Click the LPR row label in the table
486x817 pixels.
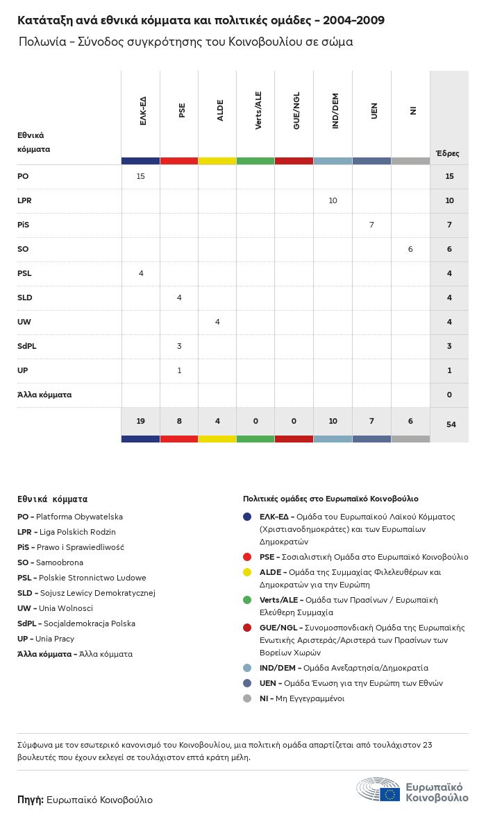coord(24,200)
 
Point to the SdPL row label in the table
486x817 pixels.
coord(27,346)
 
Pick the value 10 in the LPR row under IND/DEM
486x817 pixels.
coord(333,200)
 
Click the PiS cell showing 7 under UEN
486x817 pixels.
coord(371,225)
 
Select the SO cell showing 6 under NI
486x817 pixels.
coord(410,249)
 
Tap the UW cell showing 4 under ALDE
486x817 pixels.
coord(217,322)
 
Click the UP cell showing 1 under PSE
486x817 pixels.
coord(179,370)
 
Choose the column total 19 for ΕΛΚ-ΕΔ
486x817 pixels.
coord(140,421)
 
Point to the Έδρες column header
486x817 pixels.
coord(447,153)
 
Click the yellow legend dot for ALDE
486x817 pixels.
coord(247,573)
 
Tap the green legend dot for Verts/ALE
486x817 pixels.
coord(247,600)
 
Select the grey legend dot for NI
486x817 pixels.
coord(247,698)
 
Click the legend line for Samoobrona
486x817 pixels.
coord(50,562)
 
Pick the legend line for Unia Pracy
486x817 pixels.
coord(46,639)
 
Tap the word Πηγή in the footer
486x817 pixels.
coord(31,800)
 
